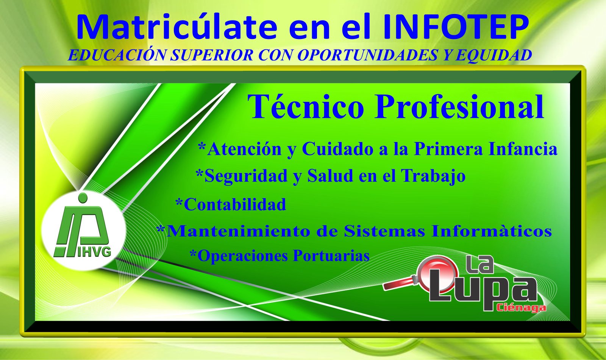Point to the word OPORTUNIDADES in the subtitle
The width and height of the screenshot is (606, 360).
coord(367,55)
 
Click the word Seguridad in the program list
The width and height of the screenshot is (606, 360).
coord(246,176)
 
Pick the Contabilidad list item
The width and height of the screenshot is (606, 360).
coord(231,204)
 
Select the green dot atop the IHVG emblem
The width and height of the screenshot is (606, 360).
coord(83,198)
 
